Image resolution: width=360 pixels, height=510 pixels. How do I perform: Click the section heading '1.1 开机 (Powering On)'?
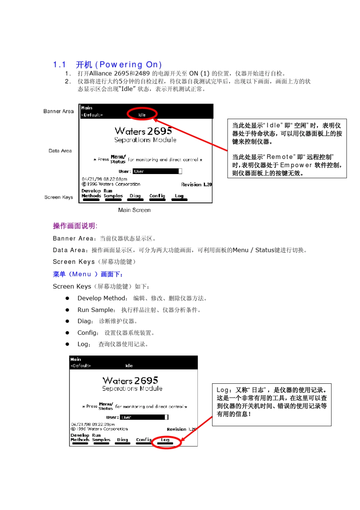(x=107, y=65)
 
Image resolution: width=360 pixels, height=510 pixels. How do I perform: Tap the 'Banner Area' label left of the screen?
(x=58, y=111)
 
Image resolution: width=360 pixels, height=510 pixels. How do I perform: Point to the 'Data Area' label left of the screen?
(x=60, y=151)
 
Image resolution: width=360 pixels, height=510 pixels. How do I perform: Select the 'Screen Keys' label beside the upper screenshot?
(x=58, y=197)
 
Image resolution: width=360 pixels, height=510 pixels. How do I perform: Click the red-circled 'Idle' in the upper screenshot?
(x=142, y=115)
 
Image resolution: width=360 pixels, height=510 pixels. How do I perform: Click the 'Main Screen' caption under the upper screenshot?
(x=134, y=210)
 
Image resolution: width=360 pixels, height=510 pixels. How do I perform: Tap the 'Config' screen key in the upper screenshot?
(x=157, y=196)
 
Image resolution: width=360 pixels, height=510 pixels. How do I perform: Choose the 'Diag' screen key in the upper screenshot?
(x=135, y=196)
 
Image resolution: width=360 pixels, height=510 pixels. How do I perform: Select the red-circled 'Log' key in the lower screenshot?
(x=165, y=439)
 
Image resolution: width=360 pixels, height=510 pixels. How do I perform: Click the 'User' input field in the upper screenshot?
(x=157, y=171)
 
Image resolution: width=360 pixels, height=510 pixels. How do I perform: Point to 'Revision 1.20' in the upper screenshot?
(x=196, y=184)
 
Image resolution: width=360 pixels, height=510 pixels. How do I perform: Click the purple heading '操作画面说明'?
(x=75, y=226)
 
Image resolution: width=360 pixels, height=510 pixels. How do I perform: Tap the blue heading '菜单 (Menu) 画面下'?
(x=88, y=274)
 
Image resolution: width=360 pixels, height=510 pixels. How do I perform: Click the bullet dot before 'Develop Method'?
(x=67, y=298)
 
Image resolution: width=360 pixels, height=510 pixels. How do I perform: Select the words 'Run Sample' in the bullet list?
(x=95, y=310)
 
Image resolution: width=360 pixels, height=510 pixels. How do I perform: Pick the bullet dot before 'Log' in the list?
(x=67, y=344)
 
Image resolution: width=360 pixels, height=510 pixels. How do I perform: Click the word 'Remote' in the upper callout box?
(x=280, y=157)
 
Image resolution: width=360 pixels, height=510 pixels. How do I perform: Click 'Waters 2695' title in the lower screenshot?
(x=130, y=381)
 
